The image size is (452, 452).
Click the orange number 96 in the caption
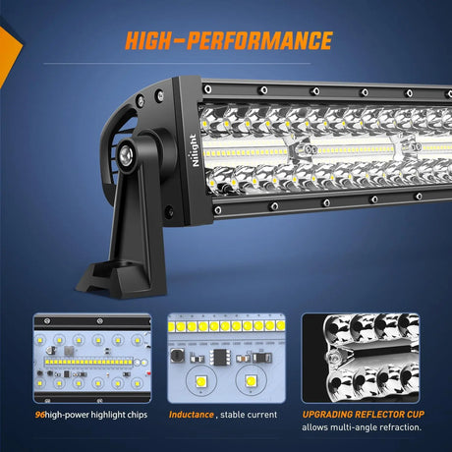pyautogui.click(x=38, y=415)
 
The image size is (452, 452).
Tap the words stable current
pyautogui.click(x=251, y=415)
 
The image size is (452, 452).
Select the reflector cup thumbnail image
pyautogui.click(x=360, y=357)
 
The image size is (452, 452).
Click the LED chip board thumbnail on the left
pyautogui.click(x=92, y=357)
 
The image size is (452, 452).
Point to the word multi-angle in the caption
pyautogui.click(x=349, y=428)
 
